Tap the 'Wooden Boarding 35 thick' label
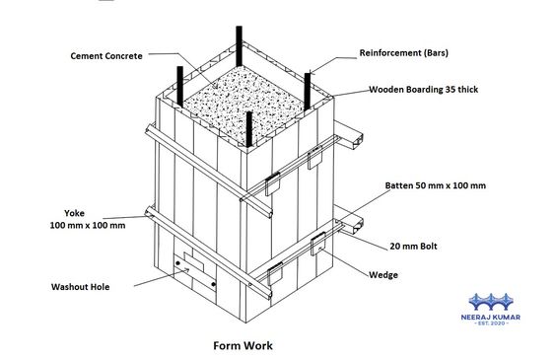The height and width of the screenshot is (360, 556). (422, 89)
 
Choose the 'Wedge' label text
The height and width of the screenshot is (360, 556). (382, 274)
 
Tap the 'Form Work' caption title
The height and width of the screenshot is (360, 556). (243, 346)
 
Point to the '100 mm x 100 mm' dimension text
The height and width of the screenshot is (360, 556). (89, 226)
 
